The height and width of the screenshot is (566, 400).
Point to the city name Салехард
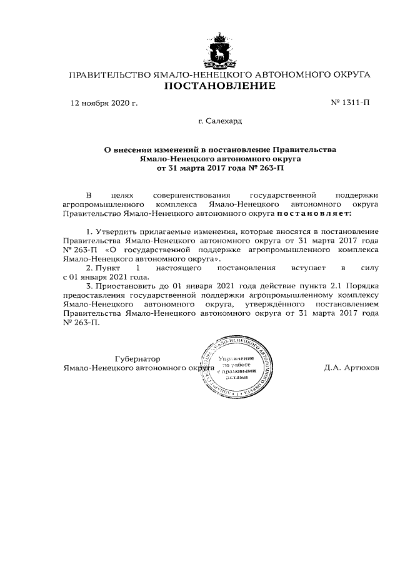[220, 120]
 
